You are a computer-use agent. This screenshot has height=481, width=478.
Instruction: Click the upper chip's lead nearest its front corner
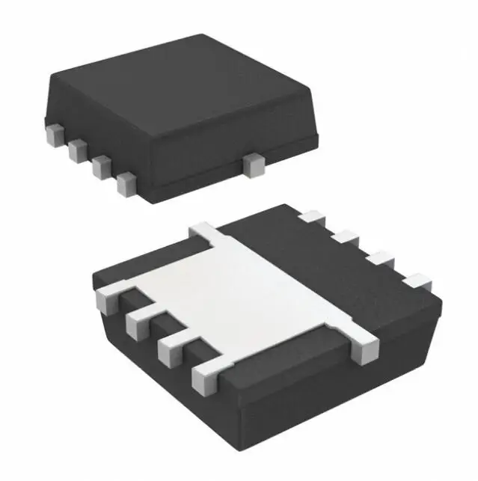(126, 183)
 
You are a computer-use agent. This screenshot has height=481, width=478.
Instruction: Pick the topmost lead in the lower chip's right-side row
(309, 217)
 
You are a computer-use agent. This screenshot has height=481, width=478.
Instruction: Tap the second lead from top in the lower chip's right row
(345, 239)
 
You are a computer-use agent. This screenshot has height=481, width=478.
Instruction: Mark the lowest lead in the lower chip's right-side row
(417, 282)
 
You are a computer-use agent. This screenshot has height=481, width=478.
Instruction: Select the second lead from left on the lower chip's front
(138, 323)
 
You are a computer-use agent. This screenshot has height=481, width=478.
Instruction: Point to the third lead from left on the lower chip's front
(171, 349)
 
